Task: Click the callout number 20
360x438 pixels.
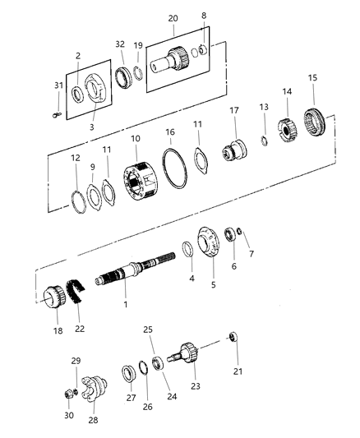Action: [173, 17]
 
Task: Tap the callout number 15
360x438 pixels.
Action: [312, 77]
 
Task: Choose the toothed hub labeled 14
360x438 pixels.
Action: [288, 130]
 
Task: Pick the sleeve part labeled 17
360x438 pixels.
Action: [233, 152]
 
